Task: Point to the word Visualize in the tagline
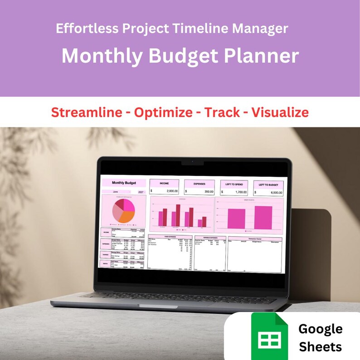coord(280,112)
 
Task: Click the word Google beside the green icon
coord(320,329)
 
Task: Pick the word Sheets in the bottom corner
coord(320,347)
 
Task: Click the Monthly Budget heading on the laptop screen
coord(123,183)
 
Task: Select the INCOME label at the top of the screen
coord(164,183)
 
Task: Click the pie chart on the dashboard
coord(123,211)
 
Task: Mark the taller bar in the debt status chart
coord(263,218)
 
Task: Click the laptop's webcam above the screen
coord(192,162)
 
